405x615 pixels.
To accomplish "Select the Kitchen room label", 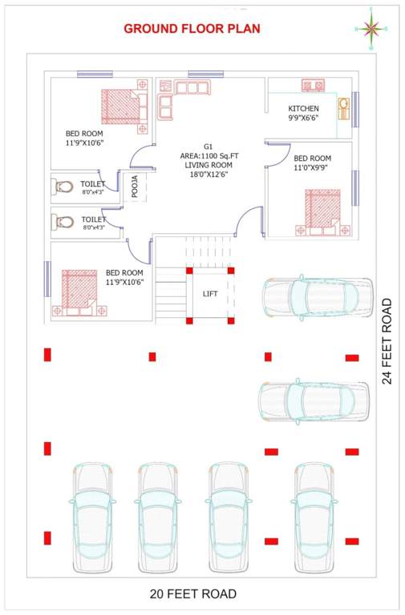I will click(303, 108).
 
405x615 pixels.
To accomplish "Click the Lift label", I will click(210, 294).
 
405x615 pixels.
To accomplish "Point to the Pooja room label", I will click(135, 186).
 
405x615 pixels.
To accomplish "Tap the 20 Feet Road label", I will click(193, 593).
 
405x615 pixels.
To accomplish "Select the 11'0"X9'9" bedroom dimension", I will click(311, 168).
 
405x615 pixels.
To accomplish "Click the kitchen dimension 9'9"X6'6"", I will click(303, 118).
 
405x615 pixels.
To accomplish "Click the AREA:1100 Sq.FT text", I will click(207, 156).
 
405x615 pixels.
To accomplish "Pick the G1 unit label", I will click(208, 147).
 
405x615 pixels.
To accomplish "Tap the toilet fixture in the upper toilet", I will click(64, 188).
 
